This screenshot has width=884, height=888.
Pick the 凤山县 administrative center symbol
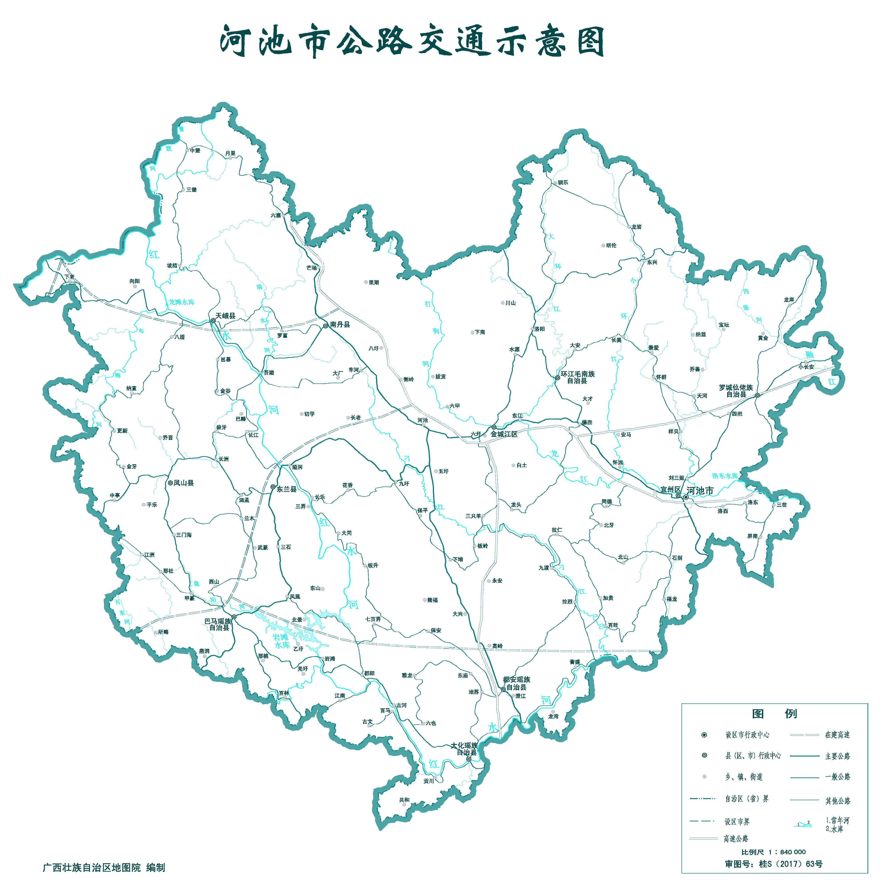[170, 483]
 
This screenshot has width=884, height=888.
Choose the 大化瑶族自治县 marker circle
[469, 759]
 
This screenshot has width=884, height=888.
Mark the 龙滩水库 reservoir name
[182, 302]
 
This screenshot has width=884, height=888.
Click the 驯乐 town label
[563, 183]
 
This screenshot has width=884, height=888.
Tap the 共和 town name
[404, 800]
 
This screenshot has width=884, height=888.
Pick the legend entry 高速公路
[736, 839]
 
